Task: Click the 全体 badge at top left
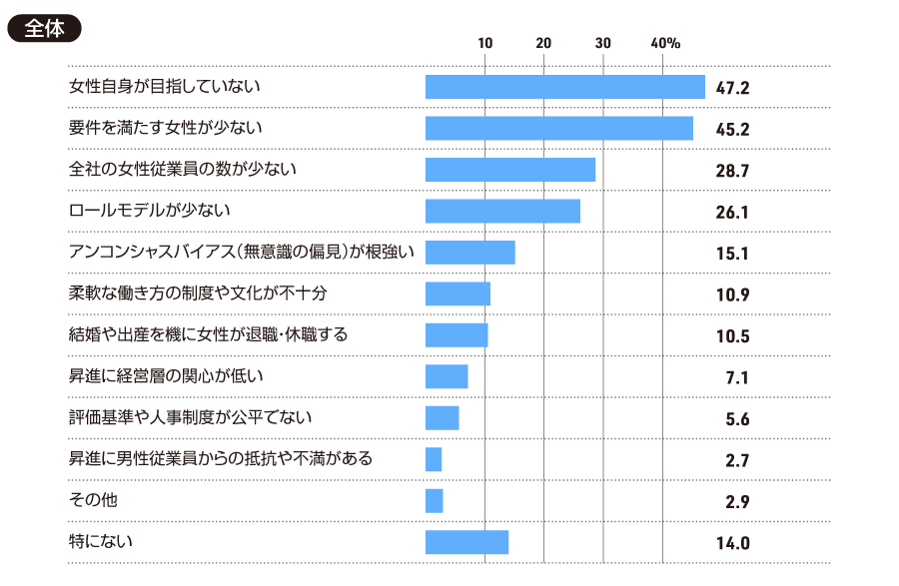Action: coord(44,29)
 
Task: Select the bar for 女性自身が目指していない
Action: coord(564,87)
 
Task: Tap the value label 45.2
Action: coord(732,130)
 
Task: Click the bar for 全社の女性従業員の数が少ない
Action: coord(510,170)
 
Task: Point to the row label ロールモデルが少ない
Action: coord(149,210)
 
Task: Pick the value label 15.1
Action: coord(732,254)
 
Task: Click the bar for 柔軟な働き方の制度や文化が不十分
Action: coord(457,293)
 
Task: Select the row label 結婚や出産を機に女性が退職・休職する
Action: coord(208,334)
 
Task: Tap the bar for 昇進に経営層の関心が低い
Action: coord(447,376)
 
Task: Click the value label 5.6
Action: coord(738,419)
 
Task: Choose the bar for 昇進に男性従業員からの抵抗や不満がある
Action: coord(434,459)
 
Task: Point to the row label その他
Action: coord(92,499)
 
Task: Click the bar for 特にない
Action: coord(466,542)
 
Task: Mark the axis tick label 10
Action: coord(485,44)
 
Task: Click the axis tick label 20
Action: coord(544,44)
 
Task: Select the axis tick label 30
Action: coord(603,44)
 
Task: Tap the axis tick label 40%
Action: coord(665,44)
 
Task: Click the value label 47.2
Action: coord(732,89)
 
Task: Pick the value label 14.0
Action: coord(732,544)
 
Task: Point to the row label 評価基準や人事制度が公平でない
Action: coord(190,416)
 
